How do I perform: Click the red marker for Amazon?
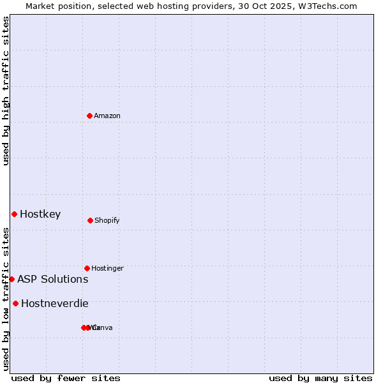[x=90, y=116]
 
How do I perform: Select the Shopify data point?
[x=90, y=220]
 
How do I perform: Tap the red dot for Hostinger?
[x=87, y=268]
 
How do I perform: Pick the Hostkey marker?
[x=14, y=214]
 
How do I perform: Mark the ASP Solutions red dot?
[x=11, y=279]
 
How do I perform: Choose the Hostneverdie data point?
[x=15, y=303]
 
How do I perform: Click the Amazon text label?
[x=107, y=116]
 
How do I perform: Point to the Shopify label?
[x=107, y=220]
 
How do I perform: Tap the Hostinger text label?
[x=107, y=268]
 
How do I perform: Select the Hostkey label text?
[x=40, y=214]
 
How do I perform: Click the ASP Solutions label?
[x=53, y=279]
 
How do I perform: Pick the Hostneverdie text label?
[x=55, y=303]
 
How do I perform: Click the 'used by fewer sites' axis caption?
[x=66, y=378]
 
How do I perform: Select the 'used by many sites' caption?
[x=320, y=378]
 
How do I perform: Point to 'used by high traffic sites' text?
[x=6, y=91]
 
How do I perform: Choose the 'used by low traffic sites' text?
[x=6, y=299]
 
